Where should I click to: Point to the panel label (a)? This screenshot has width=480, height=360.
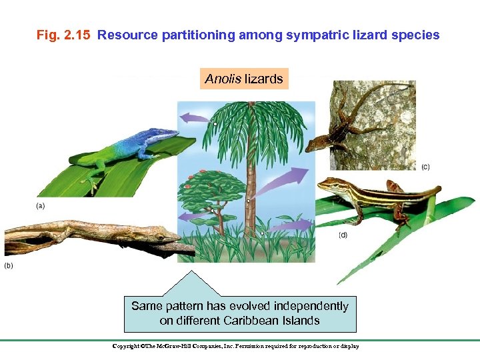pos(41,206)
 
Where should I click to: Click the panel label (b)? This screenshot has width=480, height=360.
pos(9,265)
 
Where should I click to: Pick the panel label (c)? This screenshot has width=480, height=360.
pos(425,166)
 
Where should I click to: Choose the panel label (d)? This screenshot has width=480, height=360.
pos(343,235)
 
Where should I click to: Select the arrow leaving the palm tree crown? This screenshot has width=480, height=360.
pos(195,118)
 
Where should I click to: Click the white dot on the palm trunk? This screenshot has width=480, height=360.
pos(248,201)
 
